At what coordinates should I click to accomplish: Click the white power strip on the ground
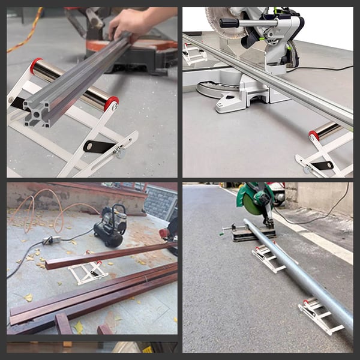click(x=52, y=240)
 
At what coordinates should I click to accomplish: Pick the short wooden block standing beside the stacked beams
click(x=63, y=324)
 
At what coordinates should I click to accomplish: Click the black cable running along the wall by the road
click(x=327, y=210)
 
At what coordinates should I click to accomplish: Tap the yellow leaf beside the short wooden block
click(x=78, y=327)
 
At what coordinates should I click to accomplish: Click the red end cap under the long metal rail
click(x=314, y=134)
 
